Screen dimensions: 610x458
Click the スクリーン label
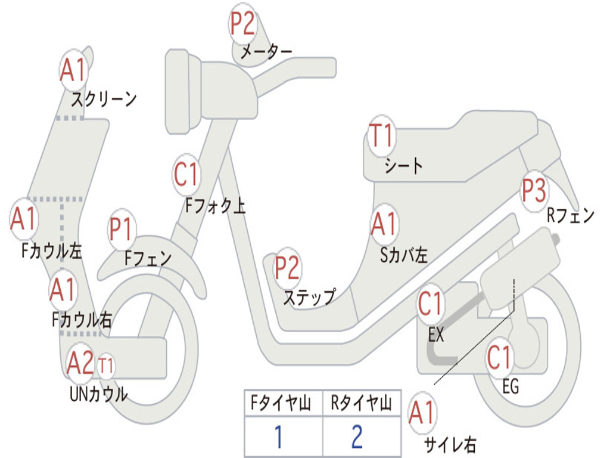[104, 98]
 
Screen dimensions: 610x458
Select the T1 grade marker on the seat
[381, 136]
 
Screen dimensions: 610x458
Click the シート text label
[403, 165]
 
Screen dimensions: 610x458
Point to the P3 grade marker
[533, 190]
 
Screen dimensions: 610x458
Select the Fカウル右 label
[82, 320]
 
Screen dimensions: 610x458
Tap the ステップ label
[309, 296]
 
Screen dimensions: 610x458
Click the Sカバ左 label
[404, 255]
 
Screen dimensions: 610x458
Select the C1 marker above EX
[431, 305]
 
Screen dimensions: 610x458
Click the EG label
[511, 387]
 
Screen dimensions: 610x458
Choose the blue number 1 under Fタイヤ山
[278, 437]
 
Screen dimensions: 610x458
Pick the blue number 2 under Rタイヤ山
[357, 437]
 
